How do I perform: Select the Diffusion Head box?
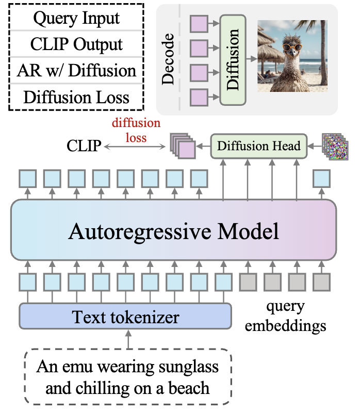258,146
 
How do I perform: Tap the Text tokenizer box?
125,316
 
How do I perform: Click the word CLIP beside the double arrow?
84,147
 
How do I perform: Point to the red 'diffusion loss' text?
136,131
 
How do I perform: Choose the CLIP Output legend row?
76,45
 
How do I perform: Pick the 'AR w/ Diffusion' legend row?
76,71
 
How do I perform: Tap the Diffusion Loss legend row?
76,97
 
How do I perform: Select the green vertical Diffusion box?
234,59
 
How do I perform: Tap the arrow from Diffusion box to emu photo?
251,60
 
